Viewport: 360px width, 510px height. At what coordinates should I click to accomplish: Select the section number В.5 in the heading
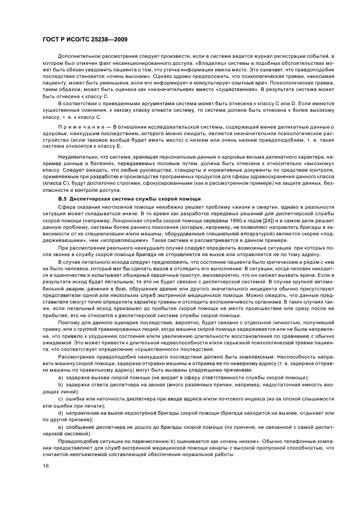62,198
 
